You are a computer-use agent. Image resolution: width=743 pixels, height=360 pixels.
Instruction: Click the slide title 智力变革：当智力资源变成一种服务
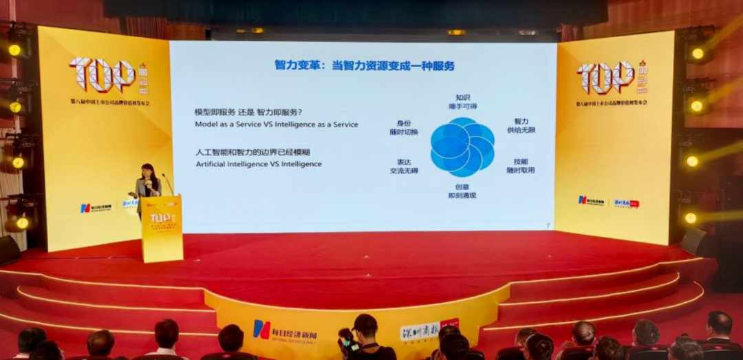click(x=364, y=66)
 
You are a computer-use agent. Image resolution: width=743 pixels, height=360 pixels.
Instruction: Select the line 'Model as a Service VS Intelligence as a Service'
click(x=277, y=125)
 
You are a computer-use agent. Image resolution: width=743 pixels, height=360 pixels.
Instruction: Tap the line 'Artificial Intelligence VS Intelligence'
click(x=259, y=165)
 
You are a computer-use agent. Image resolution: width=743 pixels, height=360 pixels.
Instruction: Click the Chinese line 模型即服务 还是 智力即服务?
click(x=248, y=112)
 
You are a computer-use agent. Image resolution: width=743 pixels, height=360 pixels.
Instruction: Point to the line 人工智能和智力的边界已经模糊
click(x=248, y=152)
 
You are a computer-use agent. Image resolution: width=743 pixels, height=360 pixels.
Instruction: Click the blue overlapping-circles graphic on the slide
click(x=462, y=147)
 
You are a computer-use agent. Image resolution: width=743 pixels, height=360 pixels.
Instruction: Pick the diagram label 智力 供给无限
click(x=520, y=125)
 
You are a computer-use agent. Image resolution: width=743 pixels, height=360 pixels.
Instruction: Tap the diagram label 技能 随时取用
click(x=520, y=166)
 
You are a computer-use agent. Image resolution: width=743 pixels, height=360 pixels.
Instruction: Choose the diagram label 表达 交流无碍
click(x=403, y=167)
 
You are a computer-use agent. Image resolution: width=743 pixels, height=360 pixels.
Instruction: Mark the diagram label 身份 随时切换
click(x=403, y=127)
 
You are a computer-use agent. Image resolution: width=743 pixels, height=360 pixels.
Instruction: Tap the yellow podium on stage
click(x=162, y=229)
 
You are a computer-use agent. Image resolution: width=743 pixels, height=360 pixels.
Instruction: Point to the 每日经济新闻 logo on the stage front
click(x=282, y=330)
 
